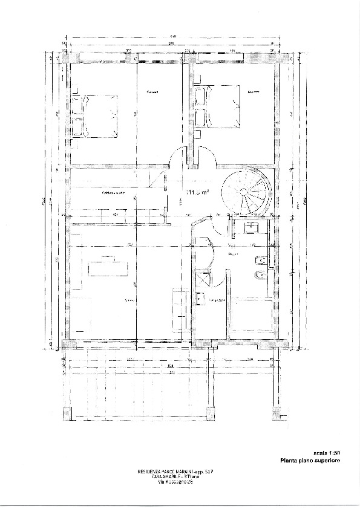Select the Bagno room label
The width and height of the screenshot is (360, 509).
click(232, 254)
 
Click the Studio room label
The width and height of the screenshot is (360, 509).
click(129, 300)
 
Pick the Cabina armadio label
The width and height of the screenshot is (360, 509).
click(114, 193)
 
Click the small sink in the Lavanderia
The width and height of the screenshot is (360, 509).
click(198, 297)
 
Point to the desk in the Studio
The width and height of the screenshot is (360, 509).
click(108, 266)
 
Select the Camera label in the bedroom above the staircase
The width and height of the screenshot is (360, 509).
click(254, 92)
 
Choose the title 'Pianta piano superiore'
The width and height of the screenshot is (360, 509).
click(309, 461)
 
